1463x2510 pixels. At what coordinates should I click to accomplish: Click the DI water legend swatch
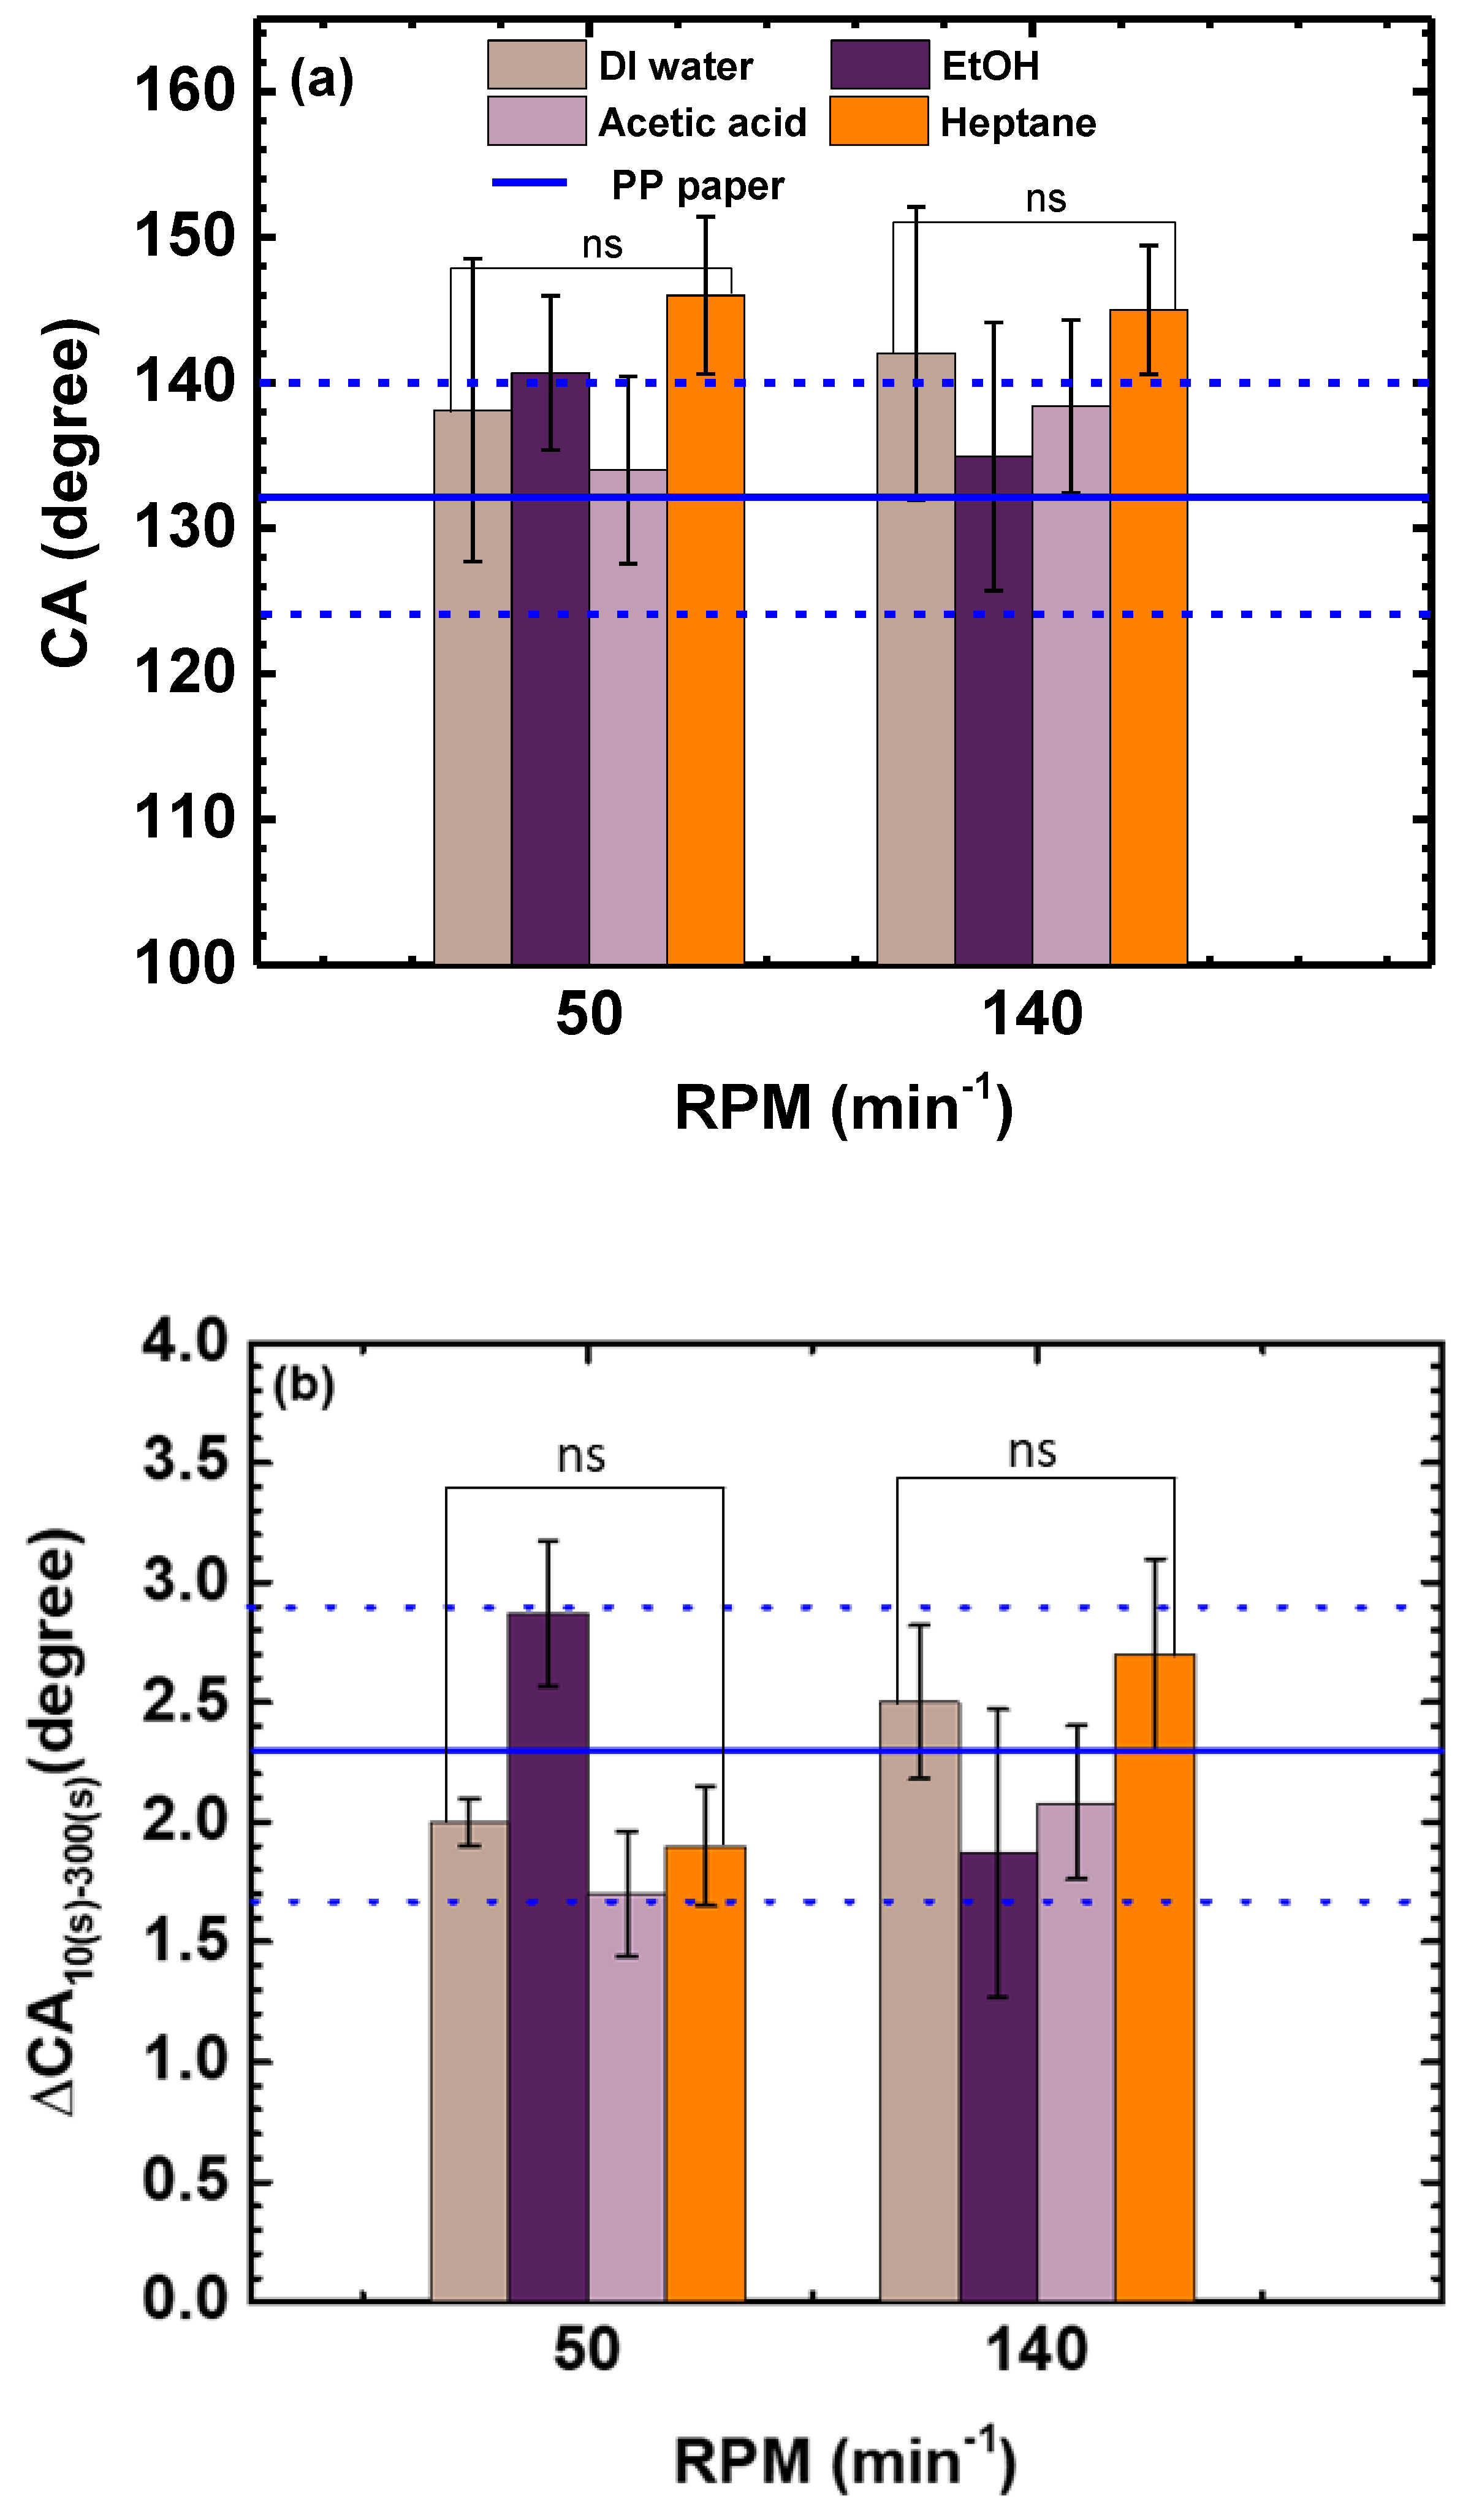pos(536,66)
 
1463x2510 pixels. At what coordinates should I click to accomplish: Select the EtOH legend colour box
pos(880,66)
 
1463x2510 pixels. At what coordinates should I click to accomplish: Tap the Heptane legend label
pos(1017,123)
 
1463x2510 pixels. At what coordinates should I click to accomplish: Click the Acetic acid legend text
pos(702,123)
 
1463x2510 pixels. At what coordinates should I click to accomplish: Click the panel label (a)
pos(321,80)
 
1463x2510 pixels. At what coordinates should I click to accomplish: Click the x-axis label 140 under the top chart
pos(1032,1015)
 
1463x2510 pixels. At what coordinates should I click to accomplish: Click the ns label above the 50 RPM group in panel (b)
pos(580,1456)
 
